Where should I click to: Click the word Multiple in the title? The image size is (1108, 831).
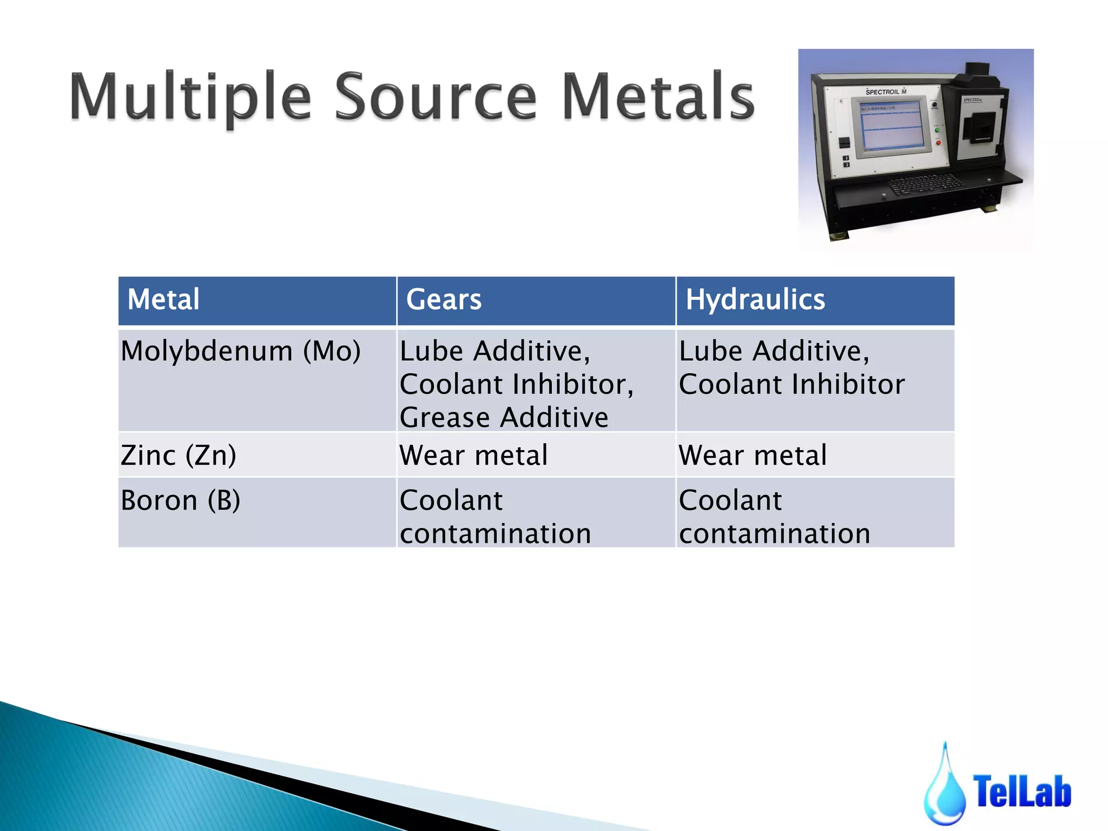(190, 97)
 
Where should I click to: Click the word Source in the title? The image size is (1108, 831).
(436, 97)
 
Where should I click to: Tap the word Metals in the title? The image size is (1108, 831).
(658, 97)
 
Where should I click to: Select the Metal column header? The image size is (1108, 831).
(163, 300)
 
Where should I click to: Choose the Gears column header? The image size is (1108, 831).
(444, 300)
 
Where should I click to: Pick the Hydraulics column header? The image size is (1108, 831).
(755, 300)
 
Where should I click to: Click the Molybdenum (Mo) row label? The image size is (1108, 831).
(241, 351)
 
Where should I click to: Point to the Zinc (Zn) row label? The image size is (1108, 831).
(179, 455)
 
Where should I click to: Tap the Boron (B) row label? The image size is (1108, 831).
(181, 500)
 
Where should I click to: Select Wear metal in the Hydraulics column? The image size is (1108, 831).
(753, 455)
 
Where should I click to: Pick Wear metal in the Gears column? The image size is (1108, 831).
(473, 455)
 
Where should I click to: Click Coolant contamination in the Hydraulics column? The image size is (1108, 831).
(774, 517)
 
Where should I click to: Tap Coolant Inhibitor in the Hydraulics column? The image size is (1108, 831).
(792, 385)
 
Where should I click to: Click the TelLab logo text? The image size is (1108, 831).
(1022, 792)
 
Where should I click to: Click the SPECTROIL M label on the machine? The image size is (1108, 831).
(886, 92)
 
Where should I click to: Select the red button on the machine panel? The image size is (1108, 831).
(938, 143)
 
